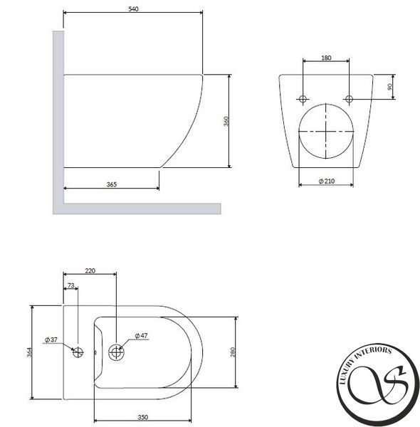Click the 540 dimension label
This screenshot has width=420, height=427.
click(x=133, y=9)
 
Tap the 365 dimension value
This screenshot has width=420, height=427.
click(x=111, y=184)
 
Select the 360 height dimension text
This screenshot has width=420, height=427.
click(x=226, y=121)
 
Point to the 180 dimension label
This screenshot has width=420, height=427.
click(x=326, y=58)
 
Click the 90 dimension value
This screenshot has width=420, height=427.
click(x=389, y=87)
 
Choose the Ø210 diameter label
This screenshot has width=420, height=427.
click(x=326, y=181)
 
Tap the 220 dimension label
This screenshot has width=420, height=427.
click(x=90, y=271)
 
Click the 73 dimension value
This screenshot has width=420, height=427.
click(x=70, y=285)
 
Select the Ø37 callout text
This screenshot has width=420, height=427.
click(x=51, y=339)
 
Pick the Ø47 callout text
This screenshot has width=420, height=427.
click(x=142, y=336)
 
